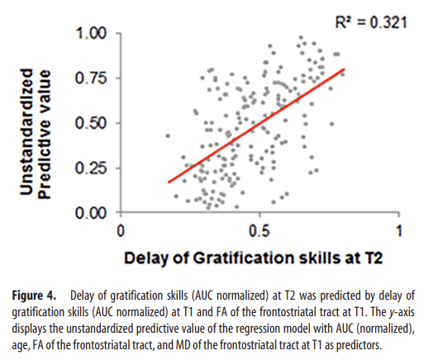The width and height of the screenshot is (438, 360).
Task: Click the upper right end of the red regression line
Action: click(344, 69)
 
